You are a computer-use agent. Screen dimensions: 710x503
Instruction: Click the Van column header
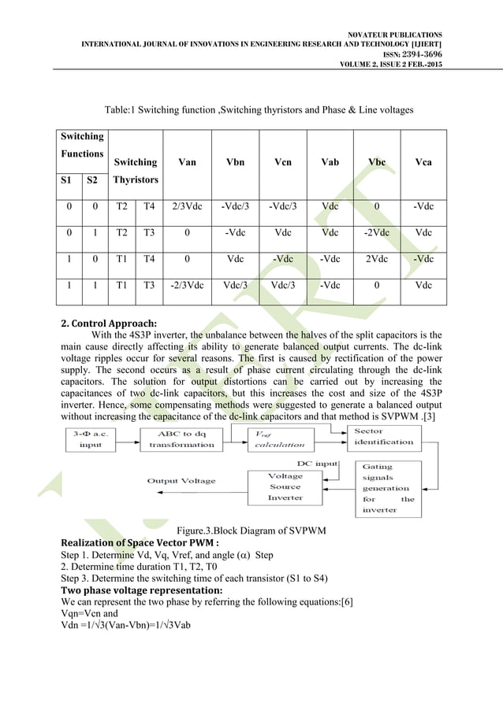pyautogui.click(x=188, y=163)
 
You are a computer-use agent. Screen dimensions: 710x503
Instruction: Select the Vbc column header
pyautogui.click(x=377, y=163)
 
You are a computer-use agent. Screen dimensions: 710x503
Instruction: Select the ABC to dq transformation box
pyautogui.click(x=181, y=438)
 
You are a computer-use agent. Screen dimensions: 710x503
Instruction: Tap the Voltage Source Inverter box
pyautogui.click(x=285, y=486)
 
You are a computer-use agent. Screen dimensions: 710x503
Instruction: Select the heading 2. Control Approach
pyautogui.click(x=109, y=323)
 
